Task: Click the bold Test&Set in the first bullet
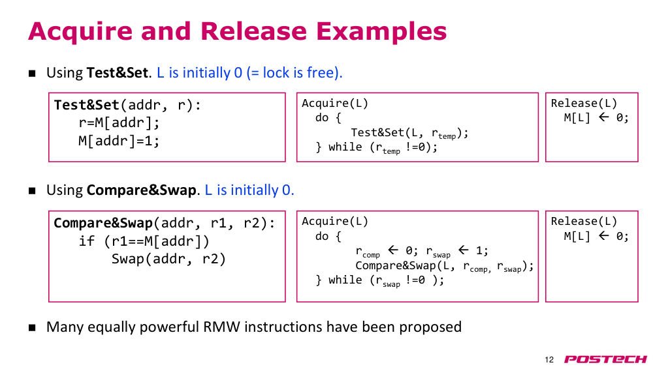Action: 118,73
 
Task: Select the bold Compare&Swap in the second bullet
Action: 141,190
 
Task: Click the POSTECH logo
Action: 605,359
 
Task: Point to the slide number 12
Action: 549,360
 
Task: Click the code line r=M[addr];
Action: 119,123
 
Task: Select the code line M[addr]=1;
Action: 119,141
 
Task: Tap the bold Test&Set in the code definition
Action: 87,105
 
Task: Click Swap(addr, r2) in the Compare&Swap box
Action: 168,259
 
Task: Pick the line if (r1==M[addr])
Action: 144,241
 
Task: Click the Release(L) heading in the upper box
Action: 584,103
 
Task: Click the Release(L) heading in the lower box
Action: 584,221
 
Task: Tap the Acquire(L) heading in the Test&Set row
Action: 335,103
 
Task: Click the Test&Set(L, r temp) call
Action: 409,133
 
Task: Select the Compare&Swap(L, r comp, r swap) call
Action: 444,267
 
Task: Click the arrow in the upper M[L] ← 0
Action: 603,117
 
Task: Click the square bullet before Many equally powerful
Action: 32,328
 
